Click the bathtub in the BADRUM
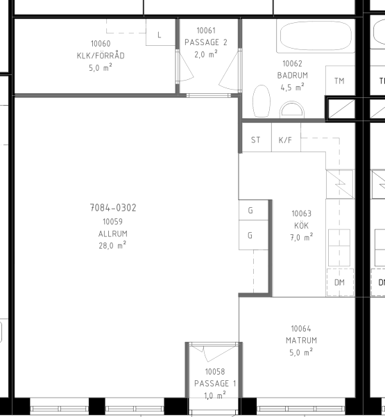pos(316,36)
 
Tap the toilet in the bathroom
pos(262,101)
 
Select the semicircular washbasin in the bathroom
pos(292,110)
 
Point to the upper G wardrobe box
pos(253,210)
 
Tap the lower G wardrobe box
pos(253,235)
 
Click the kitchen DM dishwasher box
pos(340,282)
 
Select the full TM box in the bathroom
pos(341,81)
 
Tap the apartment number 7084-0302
pos(113,208)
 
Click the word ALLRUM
pos(113,234)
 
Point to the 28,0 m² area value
pos(112,245)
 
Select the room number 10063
pos(302,213)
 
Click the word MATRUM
pos(301,341)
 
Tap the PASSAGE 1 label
pos(215,384)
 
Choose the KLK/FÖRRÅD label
pos(101,56)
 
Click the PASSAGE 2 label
pos(206,42)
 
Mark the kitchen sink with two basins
pos(339,248)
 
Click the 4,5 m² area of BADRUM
pos(292,88)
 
